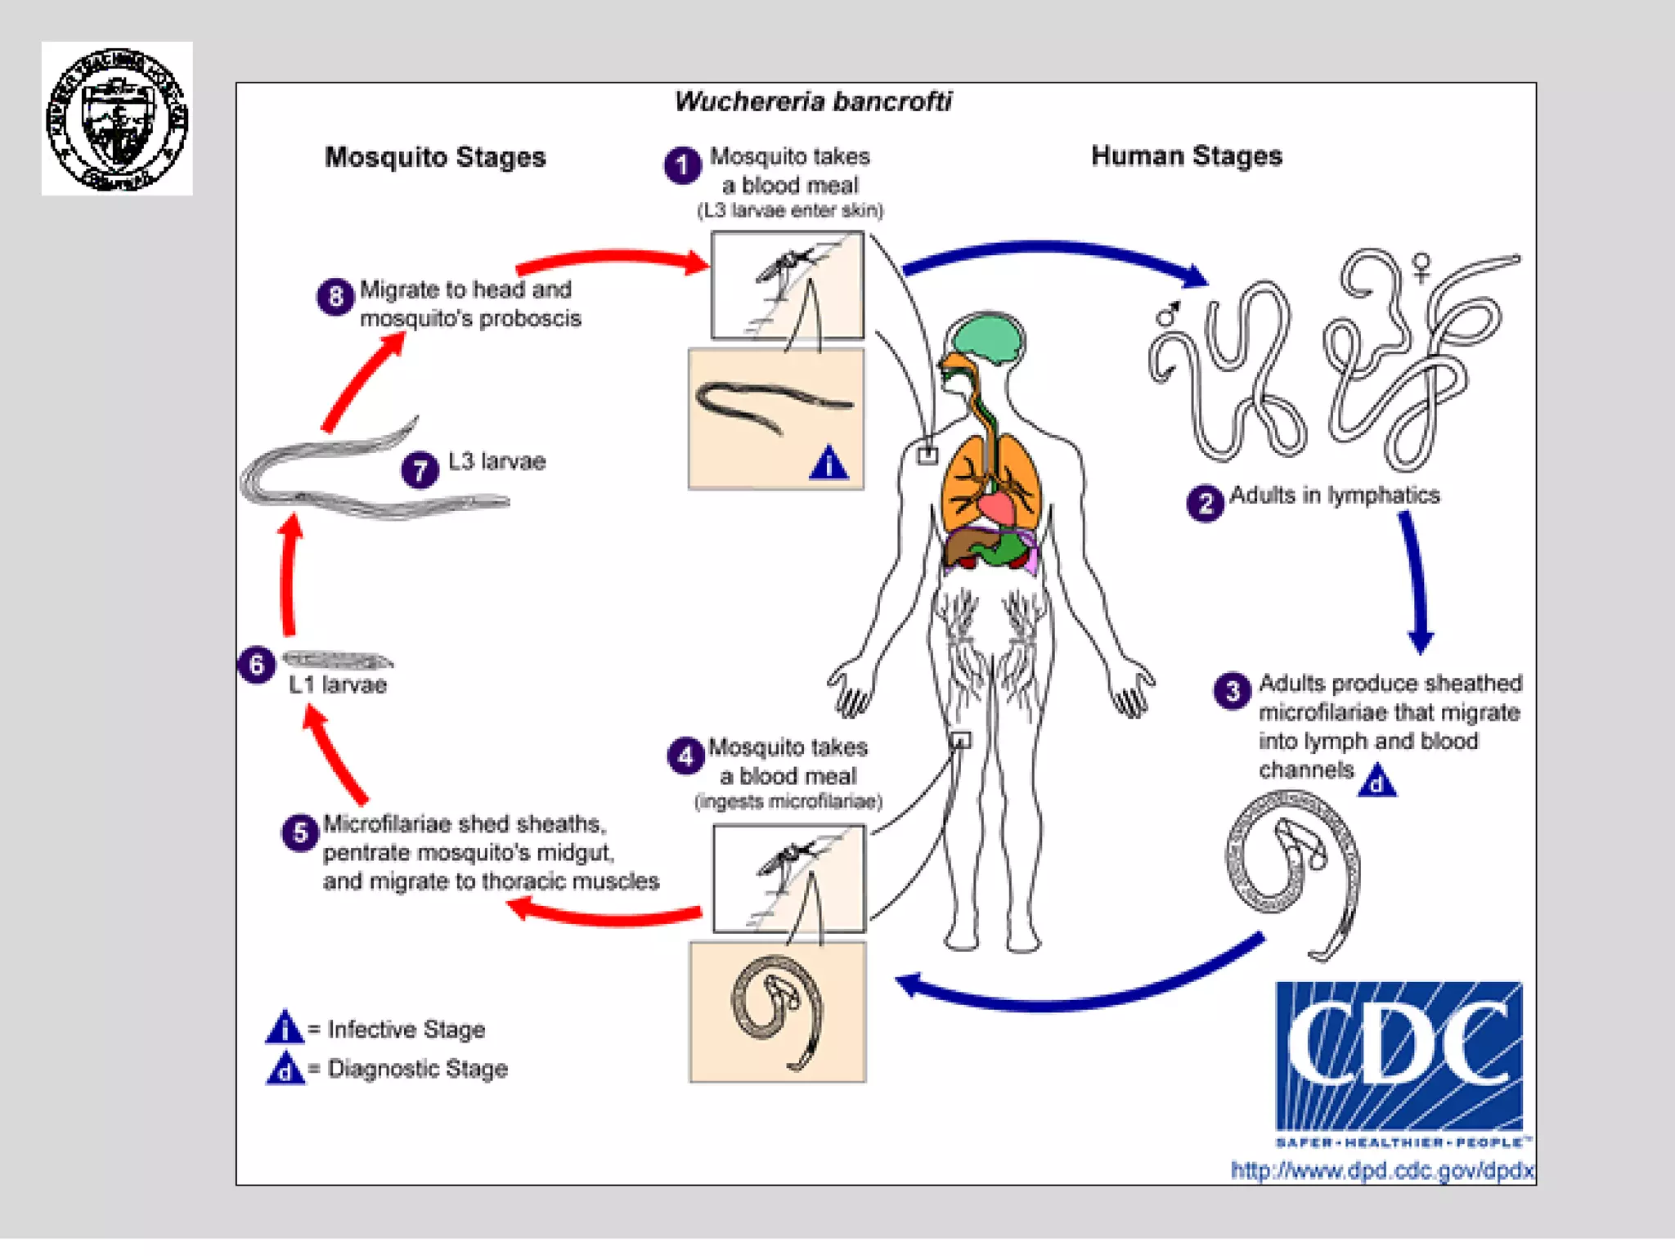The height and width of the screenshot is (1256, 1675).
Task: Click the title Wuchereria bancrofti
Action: pos(813,101)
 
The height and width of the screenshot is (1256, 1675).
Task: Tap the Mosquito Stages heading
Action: pos(435,157)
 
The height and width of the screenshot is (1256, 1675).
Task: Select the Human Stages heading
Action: pos(1187,155)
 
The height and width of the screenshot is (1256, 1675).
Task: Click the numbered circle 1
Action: pos(682,165)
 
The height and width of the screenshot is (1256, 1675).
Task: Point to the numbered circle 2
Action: pos(1205,503)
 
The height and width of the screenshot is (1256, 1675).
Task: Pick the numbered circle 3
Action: pos(1233,691)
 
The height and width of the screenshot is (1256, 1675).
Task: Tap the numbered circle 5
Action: pos(300,833)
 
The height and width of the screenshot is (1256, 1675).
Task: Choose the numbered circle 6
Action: pos(256,665)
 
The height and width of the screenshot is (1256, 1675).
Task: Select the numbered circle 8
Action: pos(335,297)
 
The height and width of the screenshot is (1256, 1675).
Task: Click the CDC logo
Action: pos(1399,1055)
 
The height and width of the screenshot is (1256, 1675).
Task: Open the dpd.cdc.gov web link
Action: pos(1381,1171)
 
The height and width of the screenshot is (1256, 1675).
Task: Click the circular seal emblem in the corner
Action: pos(117,119)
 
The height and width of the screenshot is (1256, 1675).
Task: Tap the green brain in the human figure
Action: pos(987,336)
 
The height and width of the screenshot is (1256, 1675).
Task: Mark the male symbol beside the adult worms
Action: pos(1167,313)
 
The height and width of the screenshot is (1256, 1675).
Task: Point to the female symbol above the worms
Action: pos(1422,267)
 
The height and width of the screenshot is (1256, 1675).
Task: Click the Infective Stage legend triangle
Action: pos(285,1028)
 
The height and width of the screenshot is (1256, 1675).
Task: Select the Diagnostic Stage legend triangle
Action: pos(285,1069)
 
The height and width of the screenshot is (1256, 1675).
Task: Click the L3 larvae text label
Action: pos(496,462)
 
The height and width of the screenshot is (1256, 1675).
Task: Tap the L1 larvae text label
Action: pos(337,685)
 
